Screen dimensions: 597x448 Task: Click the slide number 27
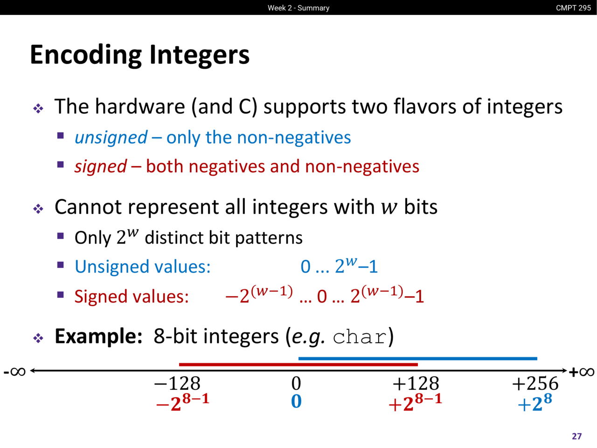pyautogui.click(x=576, y=436)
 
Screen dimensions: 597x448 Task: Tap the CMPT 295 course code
pyautogui.click(x=573, y=8)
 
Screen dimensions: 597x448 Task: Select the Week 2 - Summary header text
pyautogui.click(x=298, y=8)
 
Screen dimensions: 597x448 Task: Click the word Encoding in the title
pyautogui.click(x=86, y=55)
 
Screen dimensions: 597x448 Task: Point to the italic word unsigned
pyautogui.click(x=111, y=138)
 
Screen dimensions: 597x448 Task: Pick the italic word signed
pyautogui.click(x=101, y=166)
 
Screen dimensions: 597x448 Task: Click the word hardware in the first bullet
pyautogui.click(x=140, y=106)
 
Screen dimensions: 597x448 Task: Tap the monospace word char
pyautogui.click(x=360, y=337)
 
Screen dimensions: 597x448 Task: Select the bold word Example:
pyautogui.click(x=98, y=336)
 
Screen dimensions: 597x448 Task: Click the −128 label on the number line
pyautogui.click(x=177, y=384)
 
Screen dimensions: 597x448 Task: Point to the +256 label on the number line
pyautogui.click(x=535, y=384)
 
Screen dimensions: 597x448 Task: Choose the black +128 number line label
pyautogui.click(x=416, y=384)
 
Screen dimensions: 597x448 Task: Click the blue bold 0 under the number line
pyautogui.click(x=296, y=401)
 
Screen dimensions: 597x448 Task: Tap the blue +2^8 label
pyautogui.click(x=535, y=402)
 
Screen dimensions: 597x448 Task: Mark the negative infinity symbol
pyautogui.click(x=14, y=371)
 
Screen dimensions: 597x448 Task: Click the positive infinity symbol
pyautogui.click(x=582, y=371)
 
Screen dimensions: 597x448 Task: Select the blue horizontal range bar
pyautogui.click(x=418, y=358)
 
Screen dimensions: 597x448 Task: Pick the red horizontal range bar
pyautogui.click(x=298, y=364)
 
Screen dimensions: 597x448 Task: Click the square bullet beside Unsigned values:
pyautogui.click(x=60, y=265)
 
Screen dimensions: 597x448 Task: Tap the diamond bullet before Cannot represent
pyautogui.click(x=38, y=209)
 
